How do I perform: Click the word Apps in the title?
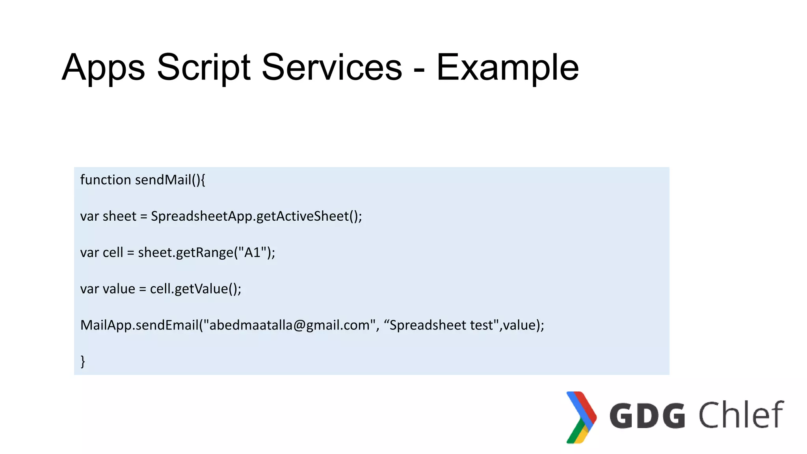pyautogui.click(x=103, y=68)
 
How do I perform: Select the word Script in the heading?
pyautogui.click(x=203, y=68)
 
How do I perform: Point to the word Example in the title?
pyautogui.click(x=508, y=68)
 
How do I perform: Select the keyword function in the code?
pyautogui.click(x=105, y=180)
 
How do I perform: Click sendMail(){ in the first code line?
pyautogui.click(x=170, y=180)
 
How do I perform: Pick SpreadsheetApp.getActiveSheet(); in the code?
pyautogui.click(x=256, y=216)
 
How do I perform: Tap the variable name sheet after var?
pyautogui.click(x=119, y=216)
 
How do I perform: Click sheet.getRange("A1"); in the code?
pyautogui.click(x=206, y=252)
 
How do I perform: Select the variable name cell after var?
pyautogui.click(x=113, y=252)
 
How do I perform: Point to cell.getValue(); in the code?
pyautogui.click(x=195, y=289)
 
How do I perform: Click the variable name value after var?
pyautogui.click(x=119, y=289)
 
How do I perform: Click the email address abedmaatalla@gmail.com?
pyautogui.click(x=289, y=325)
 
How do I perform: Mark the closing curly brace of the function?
pyautogui.click(x=83, y=361)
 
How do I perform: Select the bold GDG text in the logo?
pyautogui.click(x=647, y=415)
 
